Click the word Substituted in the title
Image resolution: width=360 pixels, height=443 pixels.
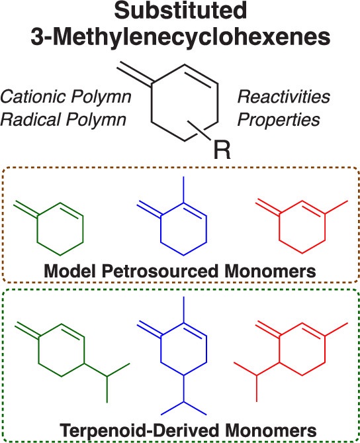[x=181, y=11]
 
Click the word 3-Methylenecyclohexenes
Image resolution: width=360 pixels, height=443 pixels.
[x=181, y=37]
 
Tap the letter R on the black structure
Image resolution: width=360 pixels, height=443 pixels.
[x=222, y=150]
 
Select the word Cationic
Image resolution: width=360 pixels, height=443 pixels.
[x=32, y=97]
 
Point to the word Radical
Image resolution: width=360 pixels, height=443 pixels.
[x=30, y=119]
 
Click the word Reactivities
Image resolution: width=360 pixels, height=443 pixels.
[x=283, y=97]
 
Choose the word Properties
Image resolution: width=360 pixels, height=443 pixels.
[x=279, y=121]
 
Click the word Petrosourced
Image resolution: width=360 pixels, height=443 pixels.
[x=159, y=271]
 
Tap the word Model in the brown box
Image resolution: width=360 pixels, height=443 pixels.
[x=71, y=271]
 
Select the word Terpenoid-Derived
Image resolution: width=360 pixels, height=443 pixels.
[x=139, y=431]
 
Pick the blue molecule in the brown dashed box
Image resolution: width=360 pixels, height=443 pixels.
[x=171, y=216]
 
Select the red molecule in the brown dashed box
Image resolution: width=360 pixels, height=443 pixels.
[x=302, y=226]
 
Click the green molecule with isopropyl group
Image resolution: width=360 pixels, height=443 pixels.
[x=72, y=362]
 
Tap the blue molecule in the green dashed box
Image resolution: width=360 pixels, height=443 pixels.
[x=171, y=356]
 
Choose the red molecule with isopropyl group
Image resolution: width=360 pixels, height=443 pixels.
[x=291, y=361]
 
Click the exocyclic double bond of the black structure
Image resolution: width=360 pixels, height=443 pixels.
[x=135, y=73]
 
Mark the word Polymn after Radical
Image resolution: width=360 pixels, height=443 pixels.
[x=96, y=120]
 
